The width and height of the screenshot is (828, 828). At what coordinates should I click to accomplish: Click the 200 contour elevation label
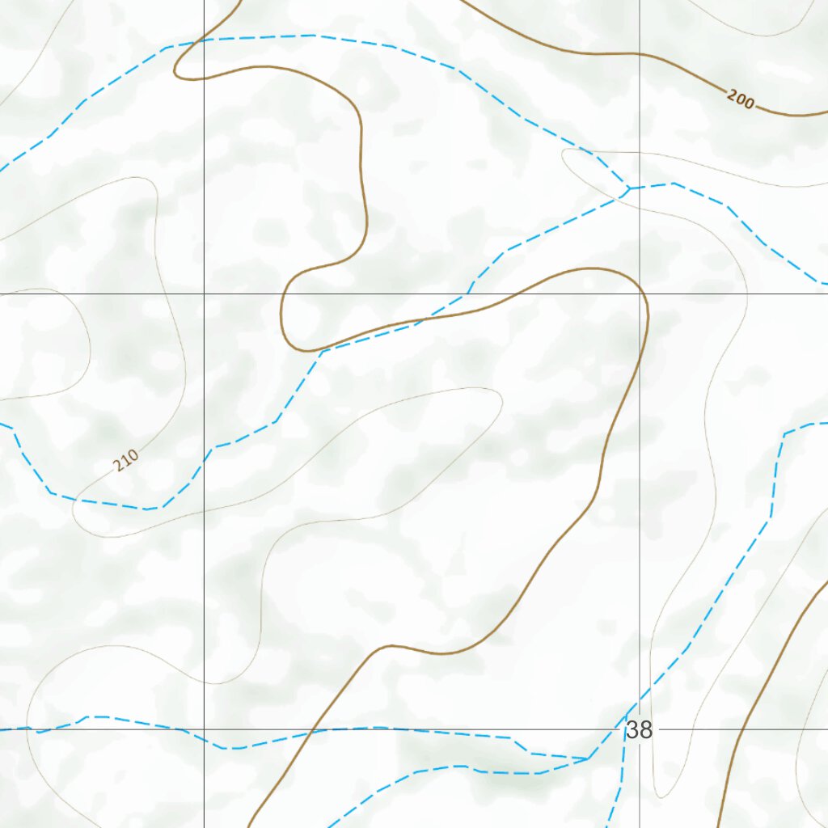[740, 100]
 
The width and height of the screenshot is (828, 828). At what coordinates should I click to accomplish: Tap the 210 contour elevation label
[125, 461]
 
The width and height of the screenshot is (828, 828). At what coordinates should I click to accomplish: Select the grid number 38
[639, 730]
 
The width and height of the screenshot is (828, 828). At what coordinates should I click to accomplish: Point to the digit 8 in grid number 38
[645, 730]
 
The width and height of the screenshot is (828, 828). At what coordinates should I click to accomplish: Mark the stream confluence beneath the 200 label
[629, 189]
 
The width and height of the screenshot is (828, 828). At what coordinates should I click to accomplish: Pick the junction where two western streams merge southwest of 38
[589, 759]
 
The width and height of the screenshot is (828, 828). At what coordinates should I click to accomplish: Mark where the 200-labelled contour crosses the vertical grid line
[640, 54]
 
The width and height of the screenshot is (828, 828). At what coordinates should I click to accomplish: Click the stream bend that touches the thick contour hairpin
[322, 351]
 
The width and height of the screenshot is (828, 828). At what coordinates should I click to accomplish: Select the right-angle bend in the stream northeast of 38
[784, 435]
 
